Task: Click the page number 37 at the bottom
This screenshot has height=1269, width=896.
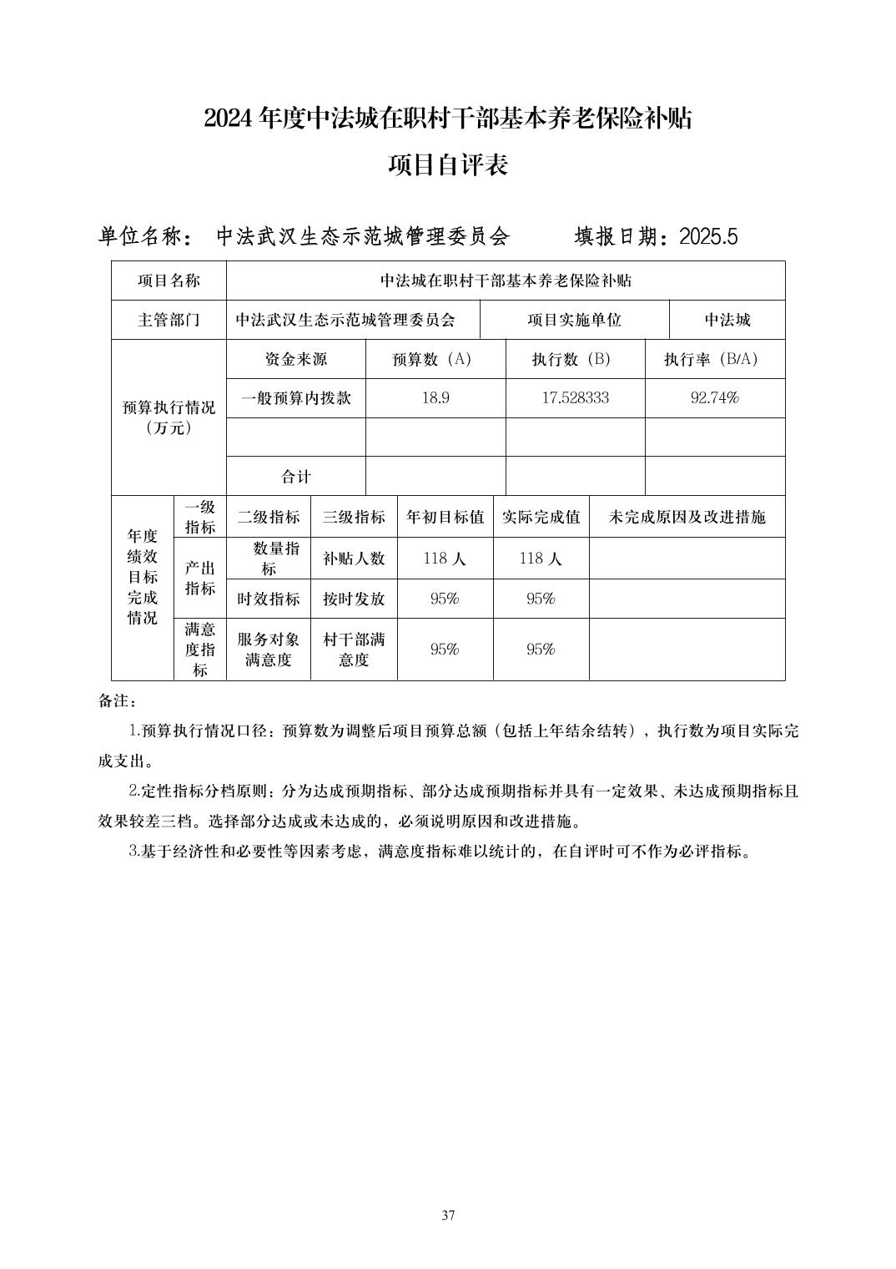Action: (448, 1215)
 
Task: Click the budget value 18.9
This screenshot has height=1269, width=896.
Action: (435, 398)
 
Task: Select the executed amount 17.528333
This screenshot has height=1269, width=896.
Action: (575, 398)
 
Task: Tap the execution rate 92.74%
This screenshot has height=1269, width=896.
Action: (715, 398)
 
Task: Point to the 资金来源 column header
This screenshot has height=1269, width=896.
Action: (295, 359)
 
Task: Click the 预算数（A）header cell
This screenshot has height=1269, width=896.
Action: (435, 359)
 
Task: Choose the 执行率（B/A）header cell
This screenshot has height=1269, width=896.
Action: (715, 359)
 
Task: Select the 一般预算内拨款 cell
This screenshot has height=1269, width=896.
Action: (295, 398)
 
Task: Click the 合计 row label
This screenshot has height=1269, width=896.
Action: (295, 477)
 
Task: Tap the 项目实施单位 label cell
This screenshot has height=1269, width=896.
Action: (574, 320)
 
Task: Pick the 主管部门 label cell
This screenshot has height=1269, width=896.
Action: (169, 320)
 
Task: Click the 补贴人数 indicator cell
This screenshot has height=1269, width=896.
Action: (354, 559)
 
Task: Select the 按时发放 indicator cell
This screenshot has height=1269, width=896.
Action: (354, 599)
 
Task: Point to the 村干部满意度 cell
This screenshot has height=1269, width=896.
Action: (354, 650)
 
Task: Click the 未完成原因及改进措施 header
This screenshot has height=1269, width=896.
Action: (687, 517)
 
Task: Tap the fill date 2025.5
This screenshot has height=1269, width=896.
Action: (708, 237)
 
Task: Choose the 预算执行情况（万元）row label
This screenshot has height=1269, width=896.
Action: (169, 417)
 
